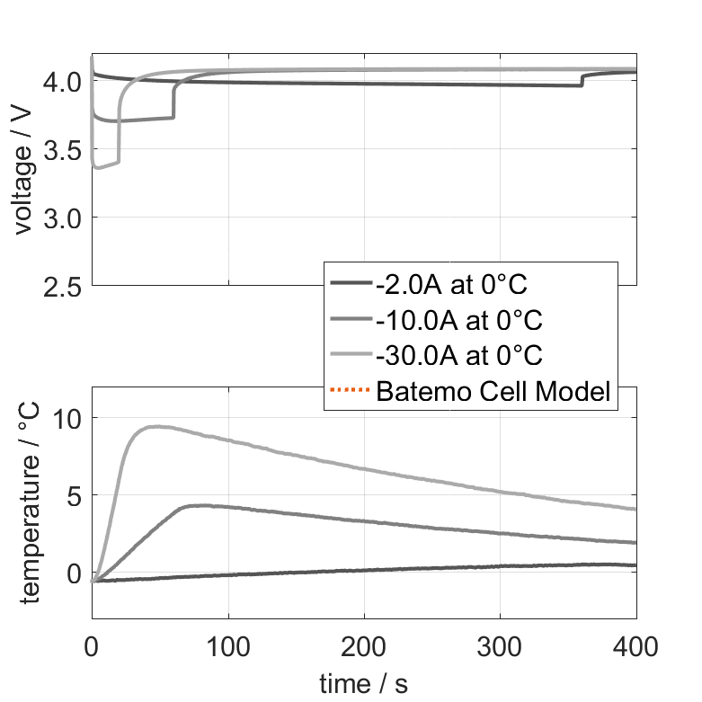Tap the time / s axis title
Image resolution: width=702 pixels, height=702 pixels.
click(363, 684)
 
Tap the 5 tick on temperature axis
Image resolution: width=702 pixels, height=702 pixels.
click(74, 495)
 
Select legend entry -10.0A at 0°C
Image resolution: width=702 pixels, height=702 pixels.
click(459, 320)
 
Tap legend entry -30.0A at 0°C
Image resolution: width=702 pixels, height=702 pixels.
click(459, 355)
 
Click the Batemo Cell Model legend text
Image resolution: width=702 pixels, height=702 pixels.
click(494, 391)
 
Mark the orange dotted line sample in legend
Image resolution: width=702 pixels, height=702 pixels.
click(351, 391)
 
